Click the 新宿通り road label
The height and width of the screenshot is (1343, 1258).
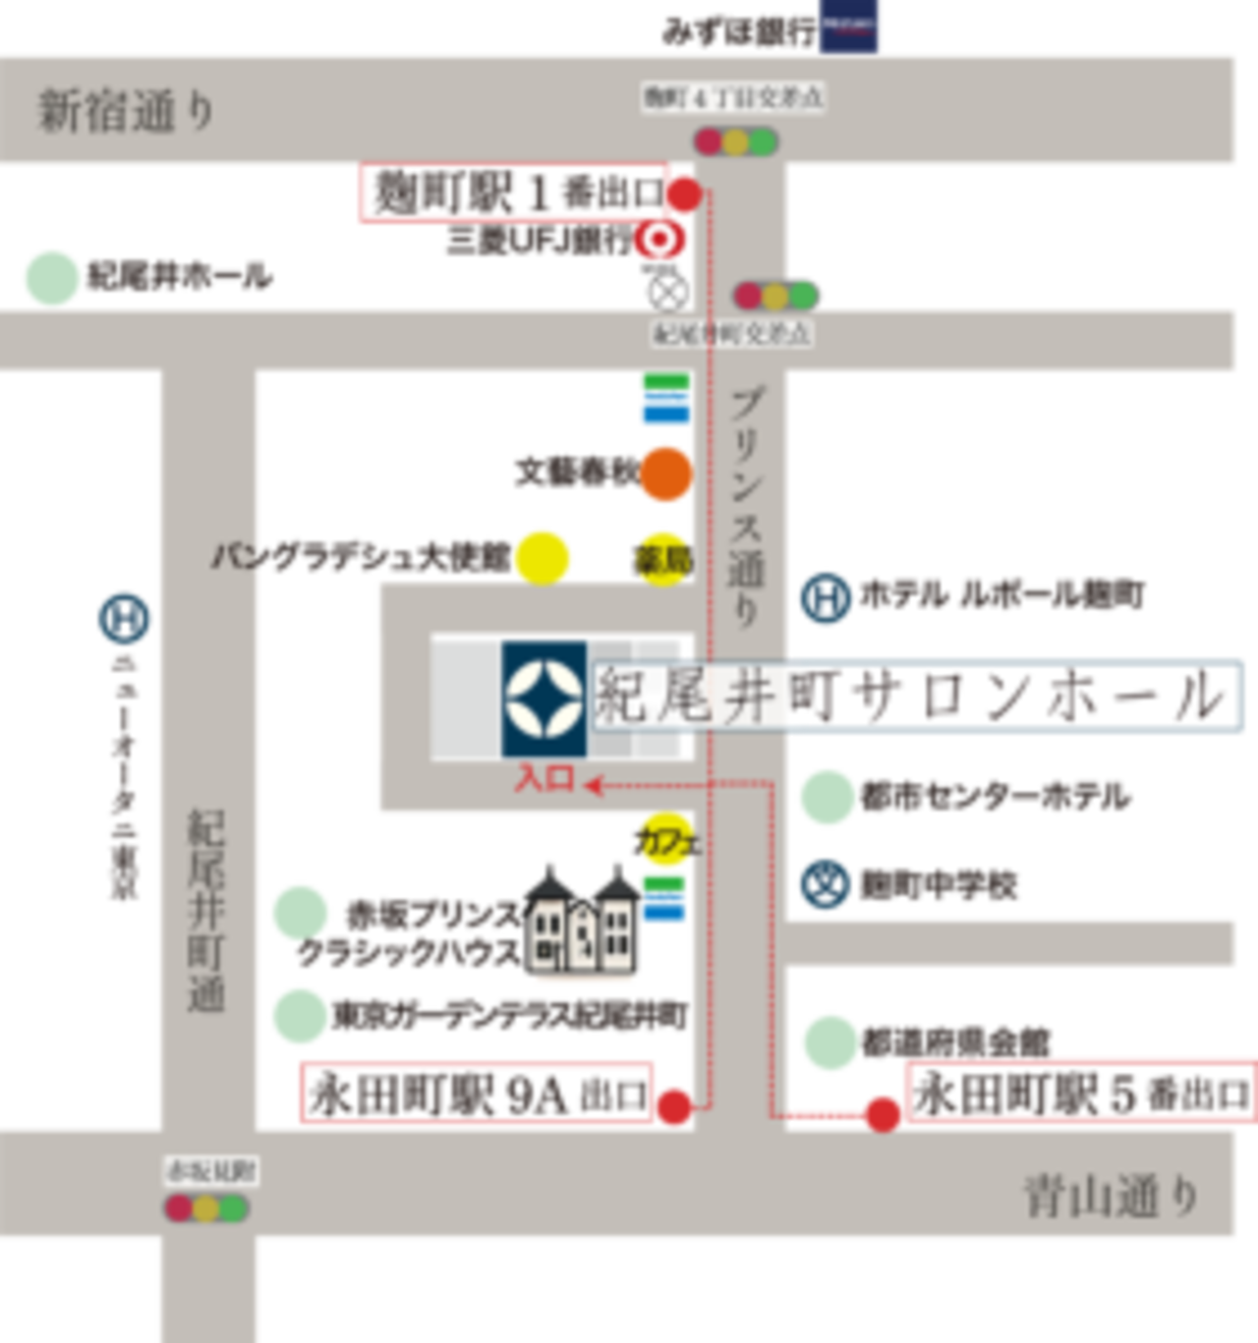coord(126,110)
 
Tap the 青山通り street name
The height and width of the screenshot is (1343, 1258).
coord(1112,1197)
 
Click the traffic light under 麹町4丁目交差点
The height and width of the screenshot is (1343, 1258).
coord(736,141)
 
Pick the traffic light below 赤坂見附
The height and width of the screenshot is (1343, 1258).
coord(206,1207)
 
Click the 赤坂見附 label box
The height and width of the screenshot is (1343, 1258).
coord(210,1170)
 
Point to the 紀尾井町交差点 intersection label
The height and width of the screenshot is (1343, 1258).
coord(732,334)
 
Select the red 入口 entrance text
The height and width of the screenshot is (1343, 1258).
coord(544,779)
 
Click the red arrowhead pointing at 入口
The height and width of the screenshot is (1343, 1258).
coord(593,785)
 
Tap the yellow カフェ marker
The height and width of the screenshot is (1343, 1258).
coord(666,839)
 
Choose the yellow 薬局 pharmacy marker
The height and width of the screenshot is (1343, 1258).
coord(661,557)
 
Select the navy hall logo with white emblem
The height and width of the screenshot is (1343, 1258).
coord(544,698)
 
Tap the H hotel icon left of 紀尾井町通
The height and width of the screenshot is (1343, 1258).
coord(121,619)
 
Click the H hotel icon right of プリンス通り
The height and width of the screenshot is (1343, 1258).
coord(826,597)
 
